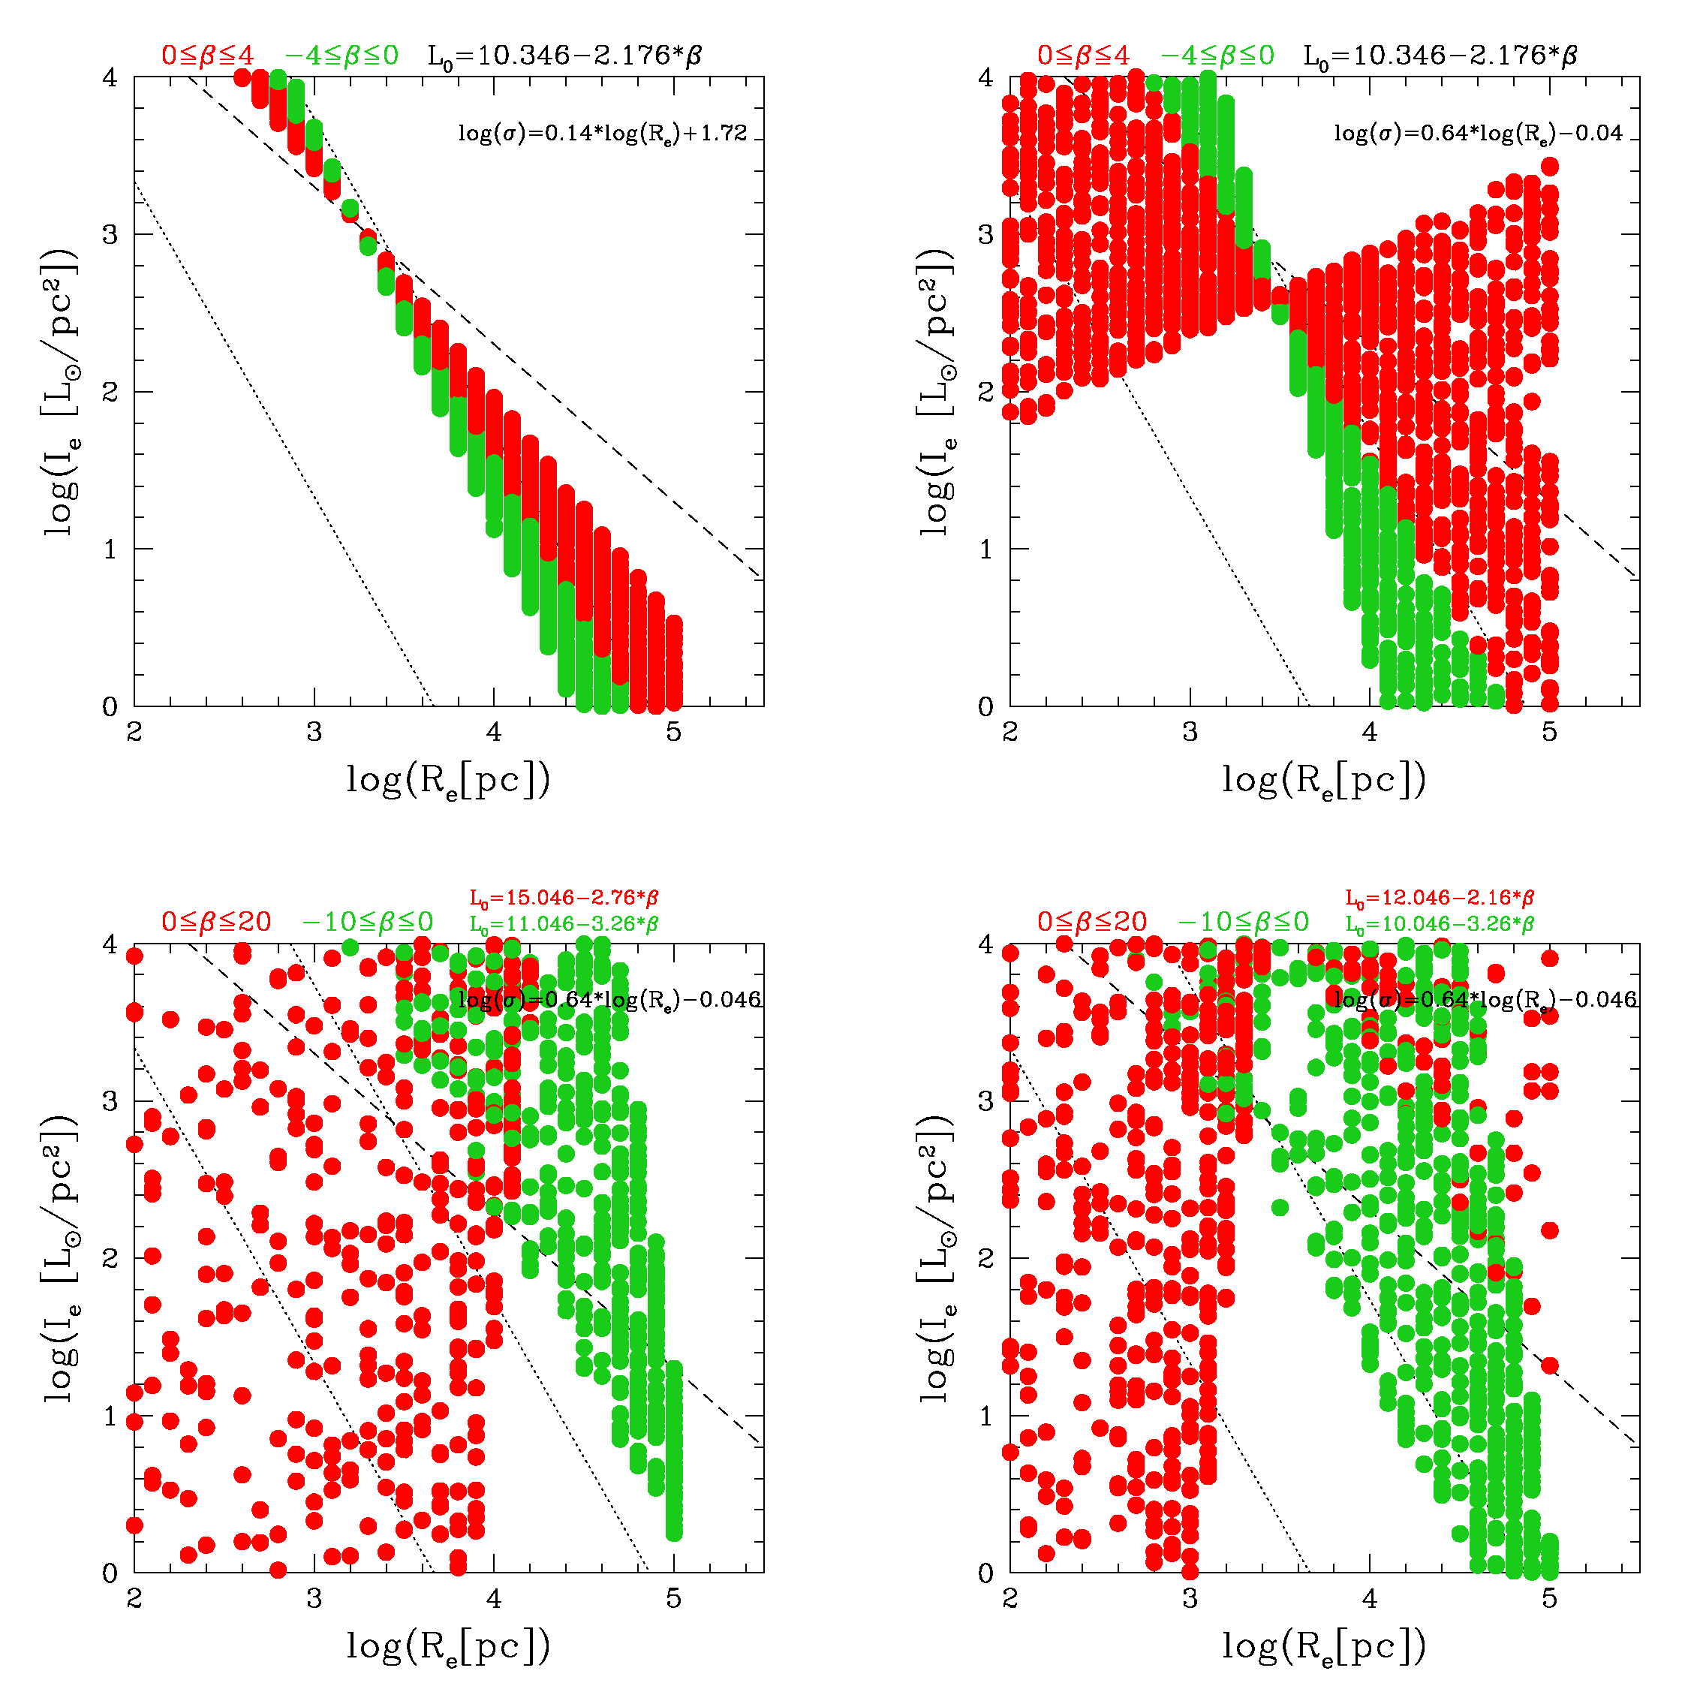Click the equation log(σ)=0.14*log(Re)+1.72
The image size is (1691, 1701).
(602, 134)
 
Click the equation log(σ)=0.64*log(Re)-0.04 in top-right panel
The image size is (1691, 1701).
(1478, 134)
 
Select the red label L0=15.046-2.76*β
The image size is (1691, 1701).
(564, 898)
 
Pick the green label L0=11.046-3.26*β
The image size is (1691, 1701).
(564, 925)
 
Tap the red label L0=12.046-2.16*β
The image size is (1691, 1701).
(1440, 898)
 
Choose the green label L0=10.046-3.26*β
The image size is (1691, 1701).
(1440, 925)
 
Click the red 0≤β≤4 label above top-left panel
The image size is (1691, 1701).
(208, 56)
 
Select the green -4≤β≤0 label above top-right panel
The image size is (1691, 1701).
(1217, 56)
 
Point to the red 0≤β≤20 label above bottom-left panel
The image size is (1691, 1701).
(215, 923)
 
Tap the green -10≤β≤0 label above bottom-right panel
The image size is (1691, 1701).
(1243, 923)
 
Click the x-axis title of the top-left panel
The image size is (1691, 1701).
(448, 780)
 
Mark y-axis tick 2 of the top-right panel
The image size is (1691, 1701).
(985, 392)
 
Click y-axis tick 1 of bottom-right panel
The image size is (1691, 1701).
(985, 1416)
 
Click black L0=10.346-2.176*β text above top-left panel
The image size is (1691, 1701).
(564, 56)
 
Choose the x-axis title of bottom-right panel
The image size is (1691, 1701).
(1324, 1646)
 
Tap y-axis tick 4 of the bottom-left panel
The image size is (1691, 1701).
(109, 944)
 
